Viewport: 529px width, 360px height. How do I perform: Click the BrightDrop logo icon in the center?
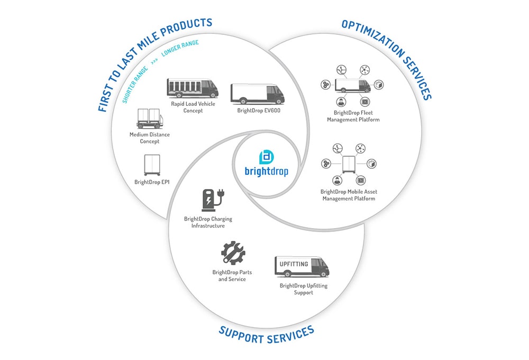click(x=266, y=157)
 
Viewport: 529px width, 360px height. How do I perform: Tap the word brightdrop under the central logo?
click(x=266, y=172)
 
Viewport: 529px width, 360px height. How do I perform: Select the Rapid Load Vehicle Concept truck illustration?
click(x=192, y=88)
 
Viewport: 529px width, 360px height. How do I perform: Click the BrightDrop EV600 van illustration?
click(x=258, y=94)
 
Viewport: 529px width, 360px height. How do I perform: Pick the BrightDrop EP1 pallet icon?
click(x=152, y=165)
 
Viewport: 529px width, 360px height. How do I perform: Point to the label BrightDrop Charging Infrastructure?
click(x=208, y=222)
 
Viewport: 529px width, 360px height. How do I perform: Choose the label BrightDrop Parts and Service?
click(x=232, y=275)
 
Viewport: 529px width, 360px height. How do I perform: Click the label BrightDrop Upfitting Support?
click(x=304, y=289)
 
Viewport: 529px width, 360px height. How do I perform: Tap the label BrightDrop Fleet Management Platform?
click(x=353, y=116)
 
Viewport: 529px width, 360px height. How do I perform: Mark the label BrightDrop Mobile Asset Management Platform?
click(x=349, y=195)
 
